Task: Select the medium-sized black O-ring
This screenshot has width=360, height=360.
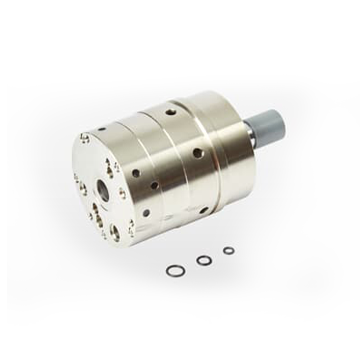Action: tap(204, 260)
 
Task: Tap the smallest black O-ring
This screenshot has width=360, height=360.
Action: tap(229, 251)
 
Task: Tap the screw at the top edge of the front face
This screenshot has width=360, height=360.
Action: tap(85, 138)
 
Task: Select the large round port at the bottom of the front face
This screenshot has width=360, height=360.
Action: tap(115, 232)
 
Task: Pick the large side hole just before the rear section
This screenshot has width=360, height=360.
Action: tap(198, 153)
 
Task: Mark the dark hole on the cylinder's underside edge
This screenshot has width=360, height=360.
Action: tap(203, 210)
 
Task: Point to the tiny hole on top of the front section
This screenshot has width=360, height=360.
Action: tap(102, 129)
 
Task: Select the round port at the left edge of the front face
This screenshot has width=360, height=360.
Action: tap(82, 188)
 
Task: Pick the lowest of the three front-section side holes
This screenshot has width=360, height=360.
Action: tap(146, 212)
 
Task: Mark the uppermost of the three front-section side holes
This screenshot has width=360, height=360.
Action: tap(136, 173)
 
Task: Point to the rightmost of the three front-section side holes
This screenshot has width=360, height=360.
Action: tap(154, 186)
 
